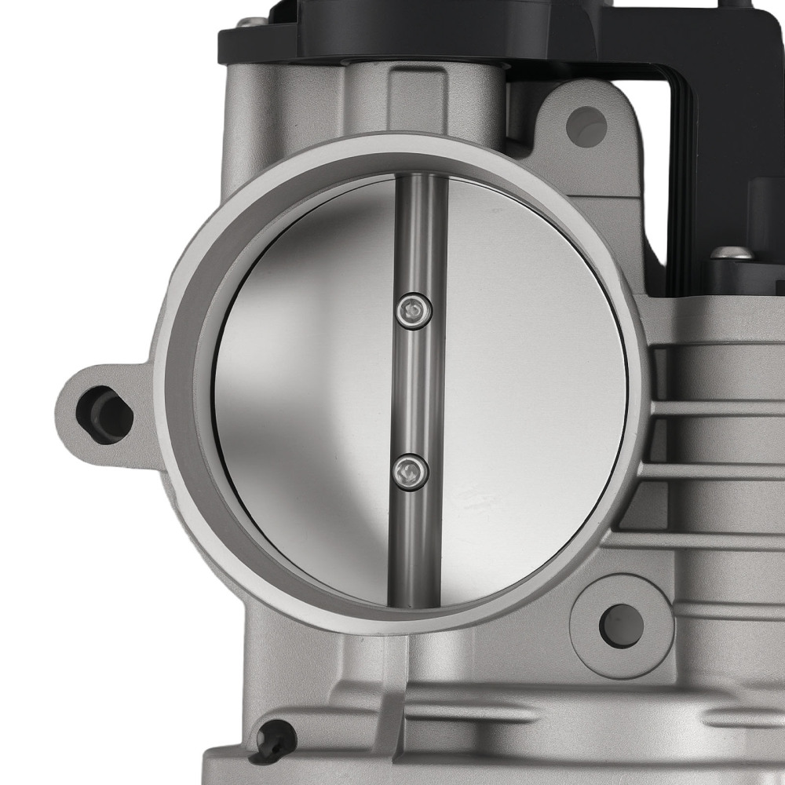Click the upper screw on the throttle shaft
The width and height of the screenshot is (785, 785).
[x=414, y=310]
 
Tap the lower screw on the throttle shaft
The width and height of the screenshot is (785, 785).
[x=411, y=472]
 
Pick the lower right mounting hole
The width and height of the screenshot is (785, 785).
[x=621, y=625]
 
